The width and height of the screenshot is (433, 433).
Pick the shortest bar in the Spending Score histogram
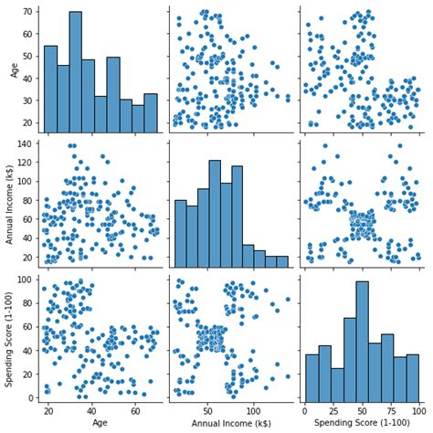click(x=337, y=385)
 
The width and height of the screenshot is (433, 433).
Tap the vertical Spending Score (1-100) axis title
click(x=10, y=337)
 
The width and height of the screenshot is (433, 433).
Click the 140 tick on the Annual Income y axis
click(x=26, y=145)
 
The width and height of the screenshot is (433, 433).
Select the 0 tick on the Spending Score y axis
click(x=32, y=396)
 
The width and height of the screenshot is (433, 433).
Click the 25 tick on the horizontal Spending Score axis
click(x=334, y=411)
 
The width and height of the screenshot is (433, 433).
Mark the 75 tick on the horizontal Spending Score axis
click(x=392, y=411)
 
